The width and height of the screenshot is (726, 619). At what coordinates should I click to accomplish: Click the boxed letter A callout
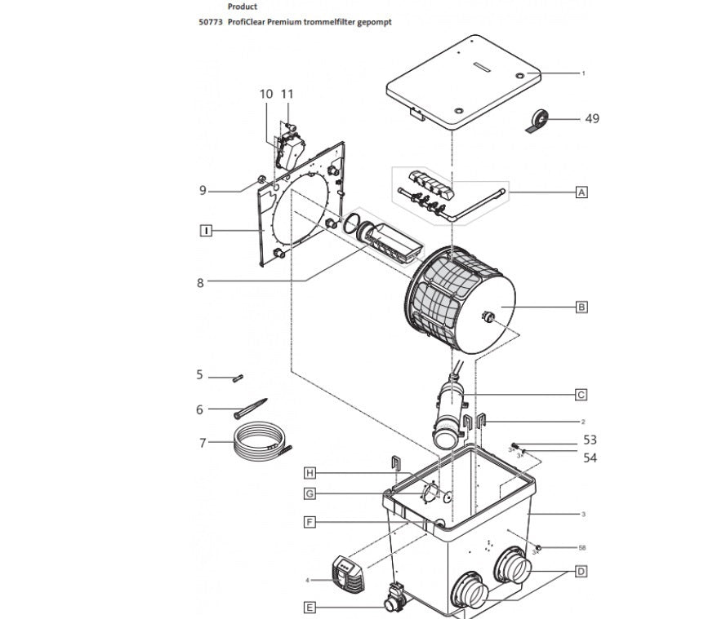pos(581,193)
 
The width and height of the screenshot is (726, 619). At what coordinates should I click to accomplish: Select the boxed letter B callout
pos(581,307)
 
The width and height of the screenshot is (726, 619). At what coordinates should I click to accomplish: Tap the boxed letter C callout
pos(581,395)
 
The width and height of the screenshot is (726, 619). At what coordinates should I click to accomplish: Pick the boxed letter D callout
pos(581,572)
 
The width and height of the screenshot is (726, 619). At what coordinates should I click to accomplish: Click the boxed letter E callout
pos(310,607)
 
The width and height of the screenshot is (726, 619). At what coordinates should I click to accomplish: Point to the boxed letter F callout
pos(310,522)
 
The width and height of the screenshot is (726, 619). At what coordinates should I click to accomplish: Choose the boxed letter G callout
pos(310,493)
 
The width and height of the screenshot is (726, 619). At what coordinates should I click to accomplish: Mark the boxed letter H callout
pos(310,473)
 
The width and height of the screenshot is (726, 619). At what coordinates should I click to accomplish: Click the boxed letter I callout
pos(207,231)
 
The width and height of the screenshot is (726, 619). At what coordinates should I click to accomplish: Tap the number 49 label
pos(592,119)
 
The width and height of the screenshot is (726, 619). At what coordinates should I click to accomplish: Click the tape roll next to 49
pos(537,122)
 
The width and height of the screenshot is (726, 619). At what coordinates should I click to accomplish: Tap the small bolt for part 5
pos(237,377)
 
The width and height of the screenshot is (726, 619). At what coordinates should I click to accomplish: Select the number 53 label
pos(590,440)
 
